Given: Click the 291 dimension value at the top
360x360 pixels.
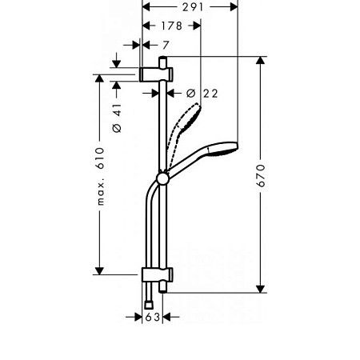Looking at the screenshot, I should [190, 6].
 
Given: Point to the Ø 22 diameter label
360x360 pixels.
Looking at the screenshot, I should [202, 94].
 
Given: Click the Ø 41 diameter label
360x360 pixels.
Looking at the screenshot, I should [116, 118].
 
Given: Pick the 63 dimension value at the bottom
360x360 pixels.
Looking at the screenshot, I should [153, 318].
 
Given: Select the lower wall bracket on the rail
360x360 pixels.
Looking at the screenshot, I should [154, 276].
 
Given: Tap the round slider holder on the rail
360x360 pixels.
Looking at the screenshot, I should [163, 178].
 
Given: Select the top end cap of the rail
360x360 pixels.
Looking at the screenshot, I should [163, 62].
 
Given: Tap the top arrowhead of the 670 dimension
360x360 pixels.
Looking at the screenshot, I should [260, 61].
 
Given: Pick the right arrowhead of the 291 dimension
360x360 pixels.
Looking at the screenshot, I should [235, 6].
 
